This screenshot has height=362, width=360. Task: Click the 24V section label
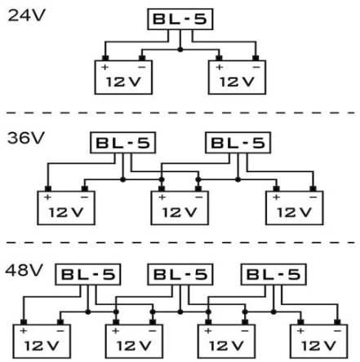pyautogui.click(x=26, y=15)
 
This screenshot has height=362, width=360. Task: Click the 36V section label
pyautogui.click(x=25, y=138)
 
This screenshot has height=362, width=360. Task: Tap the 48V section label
pyautogui.click(x=24, y=270)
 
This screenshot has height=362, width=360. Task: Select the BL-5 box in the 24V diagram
pyautogui.click(x=180, y=19)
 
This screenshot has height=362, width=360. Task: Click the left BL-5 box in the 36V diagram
pyautogui.click(x=122, y=143)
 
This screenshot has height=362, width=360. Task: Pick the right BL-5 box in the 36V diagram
pyautogui.click(x=238, y=143)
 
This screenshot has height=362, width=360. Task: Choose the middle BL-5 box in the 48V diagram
pyautogui.click(x=180, y=275)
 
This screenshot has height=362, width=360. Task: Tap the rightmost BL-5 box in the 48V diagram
pyautogui.click(x=273, y=275)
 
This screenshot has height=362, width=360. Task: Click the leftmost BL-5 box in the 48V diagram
pyautogui.click(x=88, y=275)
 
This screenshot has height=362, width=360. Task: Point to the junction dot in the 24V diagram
pyautogui.click(x=180, y=50)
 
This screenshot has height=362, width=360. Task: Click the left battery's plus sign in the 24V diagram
pyautogui.click(x=104, y=67)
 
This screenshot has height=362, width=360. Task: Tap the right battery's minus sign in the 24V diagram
pyautogui.click(x=256, y=67)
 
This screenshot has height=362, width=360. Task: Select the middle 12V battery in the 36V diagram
pyautogui.click(x=180, y=208)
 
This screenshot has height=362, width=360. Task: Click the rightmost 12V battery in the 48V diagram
pyautogui.click(x=319, y=341)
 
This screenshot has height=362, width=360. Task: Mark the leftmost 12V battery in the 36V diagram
pyautogui.click(x=66, y=208)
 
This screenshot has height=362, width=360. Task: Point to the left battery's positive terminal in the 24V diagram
pyautogui.click(x=105, y=58)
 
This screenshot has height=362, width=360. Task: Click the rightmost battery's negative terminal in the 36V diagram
pyautogui.click(x=313, y=189)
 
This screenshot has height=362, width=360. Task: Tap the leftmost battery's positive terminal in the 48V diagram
pyautogui.click(x=24, y=322)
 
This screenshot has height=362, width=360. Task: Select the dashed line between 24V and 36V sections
pyautogui.click(x=180, y=113)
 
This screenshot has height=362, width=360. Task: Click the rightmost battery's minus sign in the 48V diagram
pyautogui.click(x=337, y=331)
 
